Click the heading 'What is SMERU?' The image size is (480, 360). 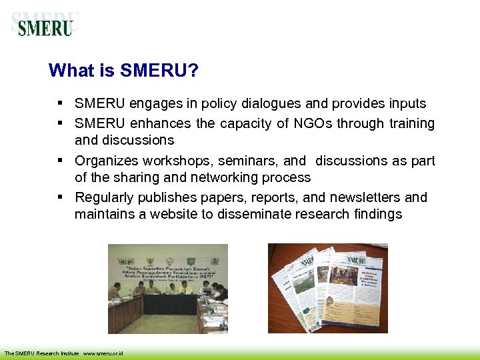click(x=123, y=71)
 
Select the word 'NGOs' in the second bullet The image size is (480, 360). click(x=313, y=123)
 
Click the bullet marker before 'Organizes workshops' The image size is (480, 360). click(x=60, y=161)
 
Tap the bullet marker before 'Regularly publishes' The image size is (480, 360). click(x=60, y=197)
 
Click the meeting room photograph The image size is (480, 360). click(x=168, y=289)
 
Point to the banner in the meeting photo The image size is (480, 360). click(x=169, y=267)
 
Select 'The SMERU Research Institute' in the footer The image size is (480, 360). click(x=42, y=353)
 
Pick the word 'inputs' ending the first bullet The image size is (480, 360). click(x=406, y=103)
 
